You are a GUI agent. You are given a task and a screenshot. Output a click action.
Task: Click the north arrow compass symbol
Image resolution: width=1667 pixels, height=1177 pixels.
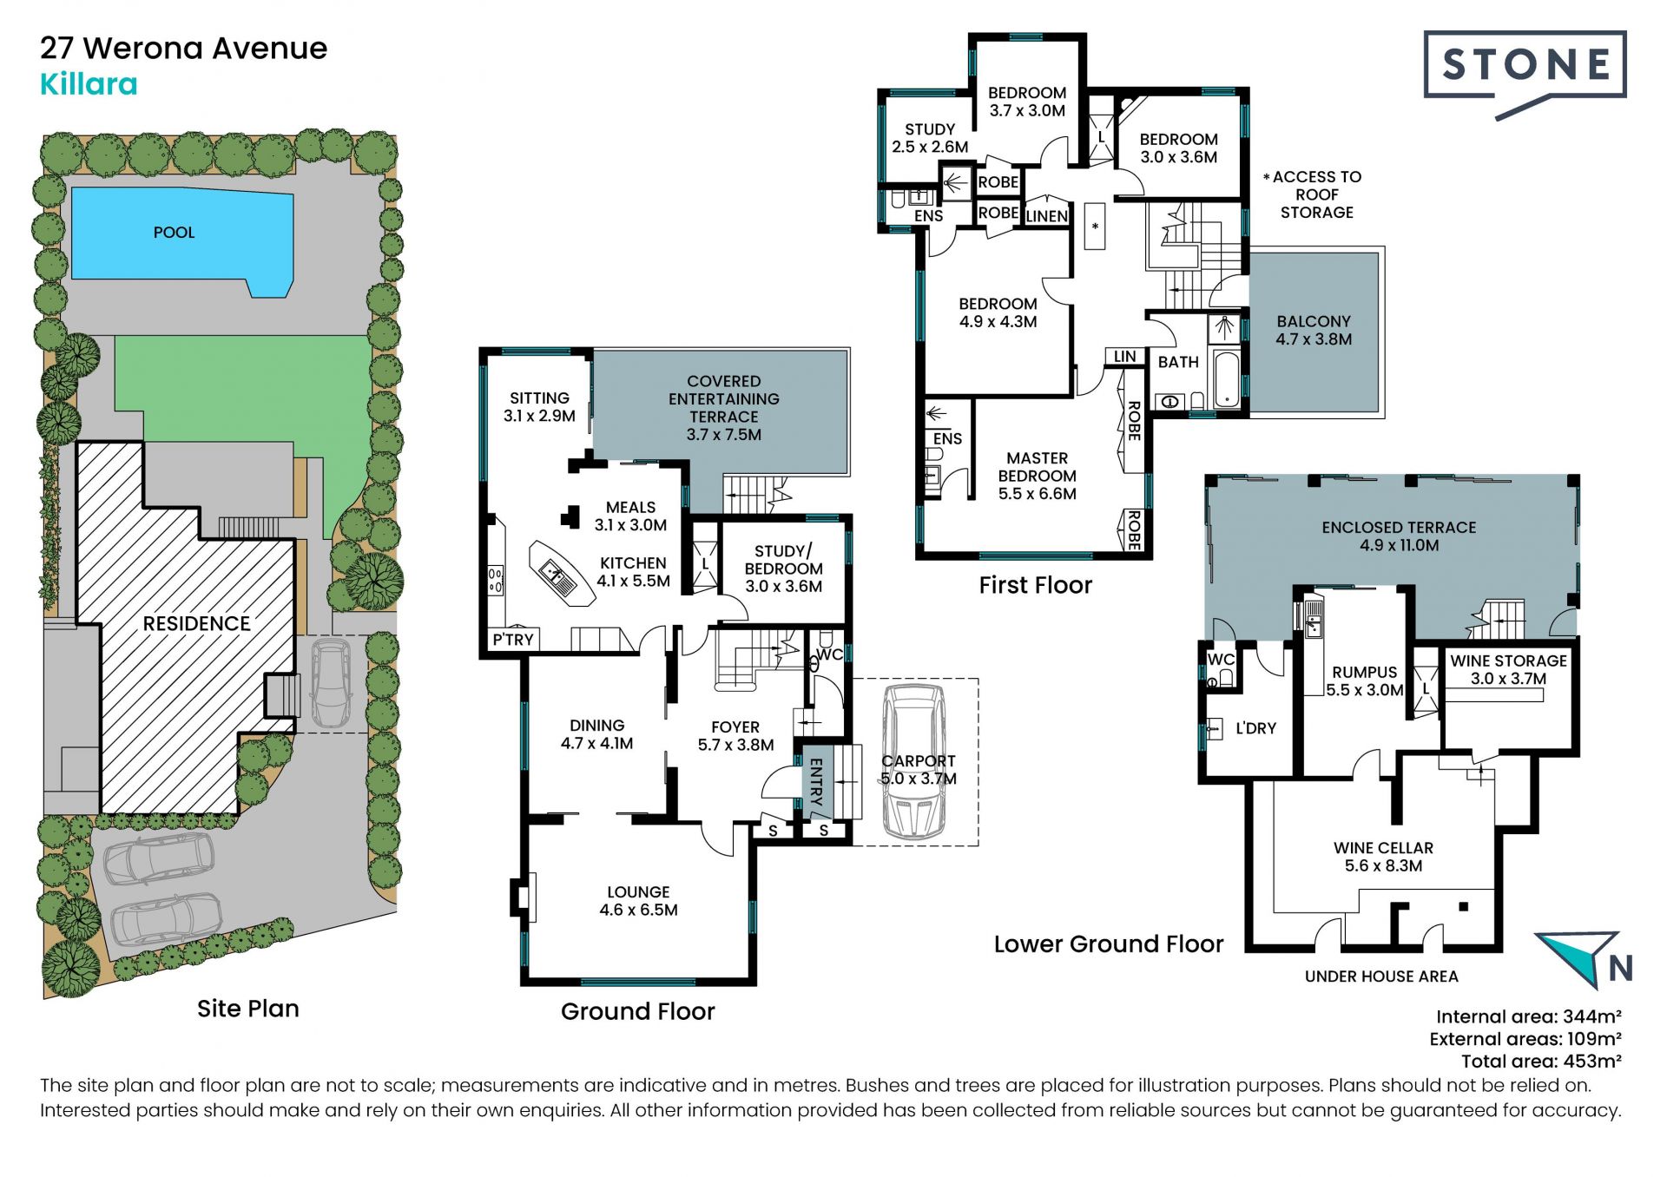point(1583,958)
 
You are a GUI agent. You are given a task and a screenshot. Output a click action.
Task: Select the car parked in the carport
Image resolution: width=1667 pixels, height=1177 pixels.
point(913,761)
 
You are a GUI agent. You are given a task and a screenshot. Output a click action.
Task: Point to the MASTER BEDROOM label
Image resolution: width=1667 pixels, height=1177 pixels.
point(1037,476)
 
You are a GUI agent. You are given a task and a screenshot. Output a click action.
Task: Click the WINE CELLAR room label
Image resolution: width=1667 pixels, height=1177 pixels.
point(1383,857)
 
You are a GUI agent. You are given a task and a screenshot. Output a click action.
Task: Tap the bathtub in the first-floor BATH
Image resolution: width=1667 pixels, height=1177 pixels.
point(1226,378)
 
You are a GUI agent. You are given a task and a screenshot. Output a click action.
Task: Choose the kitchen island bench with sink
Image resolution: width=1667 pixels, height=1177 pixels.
point(561,573)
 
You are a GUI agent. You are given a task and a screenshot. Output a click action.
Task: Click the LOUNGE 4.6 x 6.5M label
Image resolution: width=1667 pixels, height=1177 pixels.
point(638,901)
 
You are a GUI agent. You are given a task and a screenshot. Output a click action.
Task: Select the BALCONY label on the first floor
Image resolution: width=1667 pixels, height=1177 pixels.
point(1314,331)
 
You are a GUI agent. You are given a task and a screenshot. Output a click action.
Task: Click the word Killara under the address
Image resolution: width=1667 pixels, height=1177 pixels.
point(89,84)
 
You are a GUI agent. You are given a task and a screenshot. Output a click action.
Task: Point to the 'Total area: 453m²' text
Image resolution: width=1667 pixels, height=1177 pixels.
point(1541,1061)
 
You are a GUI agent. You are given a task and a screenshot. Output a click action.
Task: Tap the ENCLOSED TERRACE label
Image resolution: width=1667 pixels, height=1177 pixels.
point(1399,536)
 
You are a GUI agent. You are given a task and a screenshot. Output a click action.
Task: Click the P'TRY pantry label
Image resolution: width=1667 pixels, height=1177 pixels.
point(513,640)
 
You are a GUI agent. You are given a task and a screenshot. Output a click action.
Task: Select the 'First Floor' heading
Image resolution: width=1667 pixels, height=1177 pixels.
point(1035,585)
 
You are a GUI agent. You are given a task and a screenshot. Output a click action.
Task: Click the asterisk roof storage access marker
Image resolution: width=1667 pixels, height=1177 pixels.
point(1096,227)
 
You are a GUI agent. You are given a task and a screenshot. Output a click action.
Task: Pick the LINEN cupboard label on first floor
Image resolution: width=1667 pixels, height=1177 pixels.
point(1047,216)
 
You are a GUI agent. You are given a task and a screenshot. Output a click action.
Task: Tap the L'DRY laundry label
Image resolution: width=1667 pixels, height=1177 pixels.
point(1255,728)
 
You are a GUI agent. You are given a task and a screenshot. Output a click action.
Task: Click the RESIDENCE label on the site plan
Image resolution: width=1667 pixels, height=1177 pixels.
point(196,623)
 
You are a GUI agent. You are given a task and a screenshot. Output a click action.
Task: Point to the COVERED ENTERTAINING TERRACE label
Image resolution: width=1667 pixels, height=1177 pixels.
point(724,408)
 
